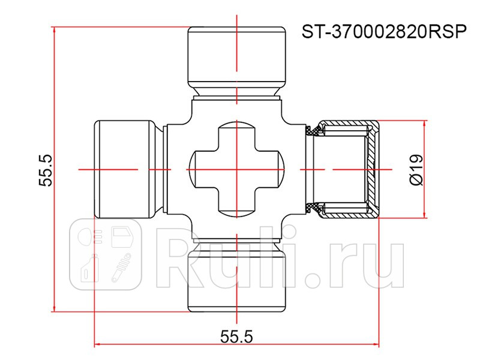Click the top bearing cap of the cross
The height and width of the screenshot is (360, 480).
[238, 57]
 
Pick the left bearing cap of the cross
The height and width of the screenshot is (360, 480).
[124, 169]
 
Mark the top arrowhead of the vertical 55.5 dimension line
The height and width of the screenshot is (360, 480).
[55, 31]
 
